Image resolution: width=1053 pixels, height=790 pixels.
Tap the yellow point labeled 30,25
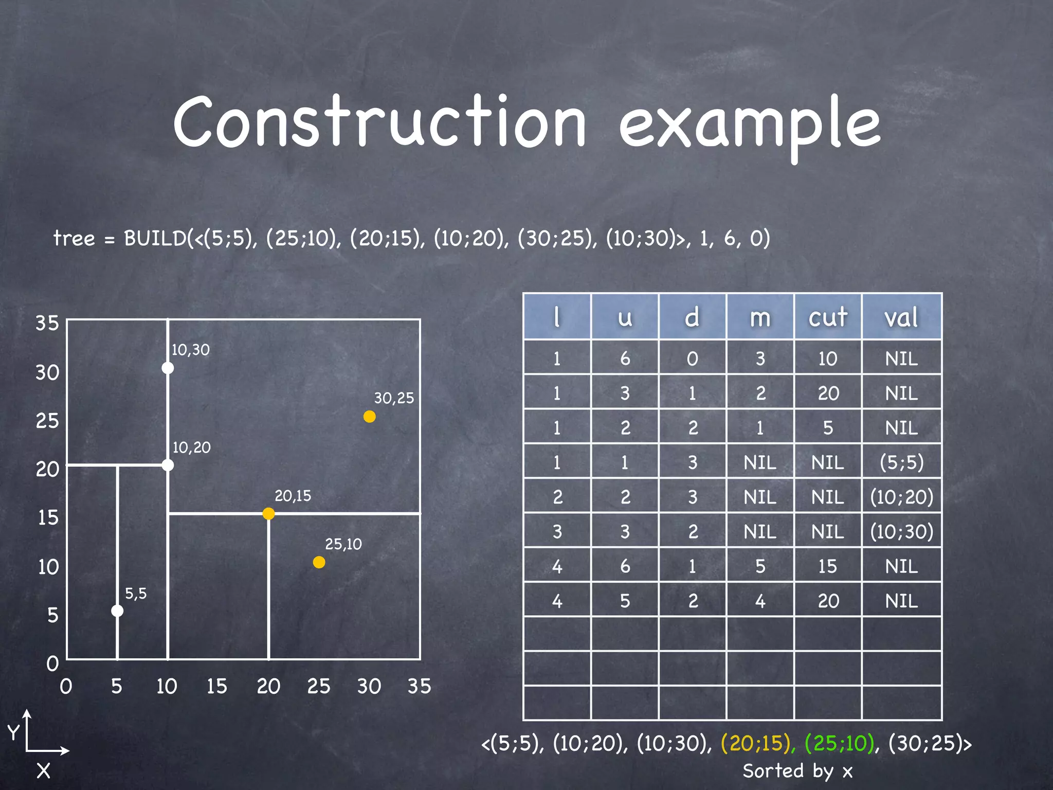click(x=369, y=417)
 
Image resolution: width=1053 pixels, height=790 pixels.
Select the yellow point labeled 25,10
click(x=319, y=562)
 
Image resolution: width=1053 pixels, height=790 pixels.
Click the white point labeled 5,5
click(x=117, y=611)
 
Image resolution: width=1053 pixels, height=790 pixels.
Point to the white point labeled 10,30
click(x=168, y=368)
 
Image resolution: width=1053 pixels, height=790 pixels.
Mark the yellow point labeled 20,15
click(x=268, y=513)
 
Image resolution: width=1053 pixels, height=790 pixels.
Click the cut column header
click(x=827, y=317)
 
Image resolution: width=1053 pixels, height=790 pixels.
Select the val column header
click(x=901, y=317)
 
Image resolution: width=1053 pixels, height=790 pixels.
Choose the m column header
click(x=760, y=317)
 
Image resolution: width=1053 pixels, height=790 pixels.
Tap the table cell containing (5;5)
click(x=901, y=462)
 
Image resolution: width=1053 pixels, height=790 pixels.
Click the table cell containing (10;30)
click(x=901, y=531)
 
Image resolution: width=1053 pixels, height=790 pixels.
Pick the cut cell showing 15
click(x=827, y=566)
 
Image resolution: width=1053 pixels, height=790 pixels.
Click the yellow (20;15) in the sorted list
click(x=756, y=743)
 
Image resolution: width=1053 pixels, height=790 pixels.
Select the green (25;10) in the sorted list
click(x=840, y=743)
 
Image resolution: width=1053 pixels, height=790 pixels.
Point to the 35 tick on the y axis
click(x=47, y=323)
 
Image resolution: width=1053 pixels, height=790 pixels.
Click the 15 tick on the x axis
click(x=216, y=686)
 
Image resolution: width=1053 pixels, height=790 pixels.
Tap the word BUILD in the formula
click(x=155, y=238)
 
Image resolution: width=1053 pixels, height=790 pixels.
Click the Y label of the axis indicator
click(x=13, y=732)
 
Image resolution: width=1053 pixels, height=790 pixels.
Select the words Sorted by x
click(x=797, y=771)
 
